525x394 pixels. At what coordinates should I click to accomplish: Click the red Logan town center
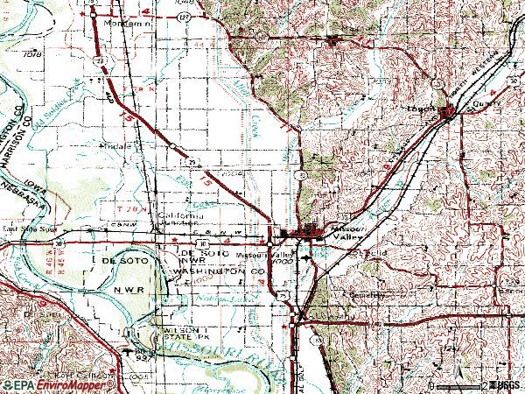448,111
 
